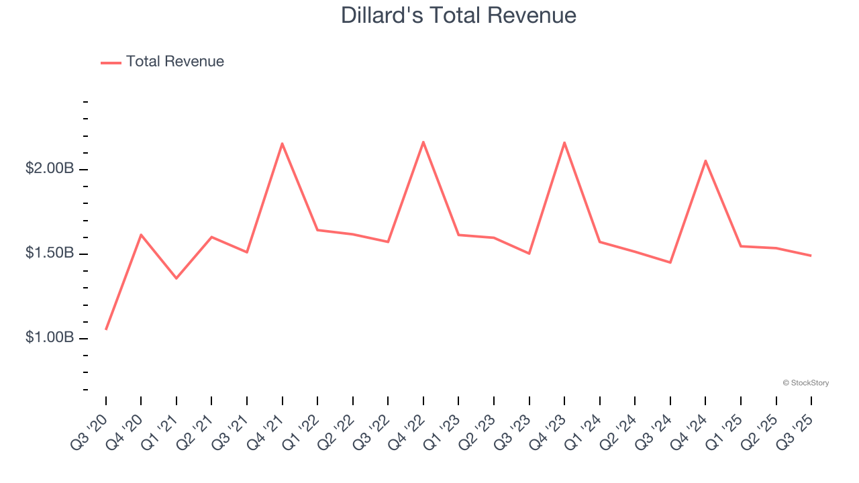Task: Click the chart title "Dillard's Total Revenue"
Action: coord(458,15)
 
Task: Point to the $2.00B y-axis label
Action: coord(50,169)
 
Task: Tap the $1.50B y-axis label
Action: coord(50,254)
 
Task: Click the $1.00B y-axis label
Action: coord(50,337)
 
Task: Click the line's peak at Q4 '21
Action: coord(283,143)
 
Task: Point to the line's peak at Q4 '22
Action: coord(423,142)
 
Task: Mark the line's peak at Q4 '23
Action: coord(564,142)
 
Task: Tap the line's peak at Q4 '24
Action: coord(705,160)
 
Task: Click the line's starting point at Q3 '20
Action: coord(106,329)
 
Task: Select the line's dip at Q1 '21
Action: coord(176,278)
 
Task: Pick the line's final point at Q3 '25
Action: coord(811,256)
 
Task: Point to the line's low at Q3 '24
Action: coord(670,262)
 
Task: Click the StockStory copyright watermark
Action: coord(805,383)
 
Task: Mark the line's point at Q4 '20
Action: coord(141,234)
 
